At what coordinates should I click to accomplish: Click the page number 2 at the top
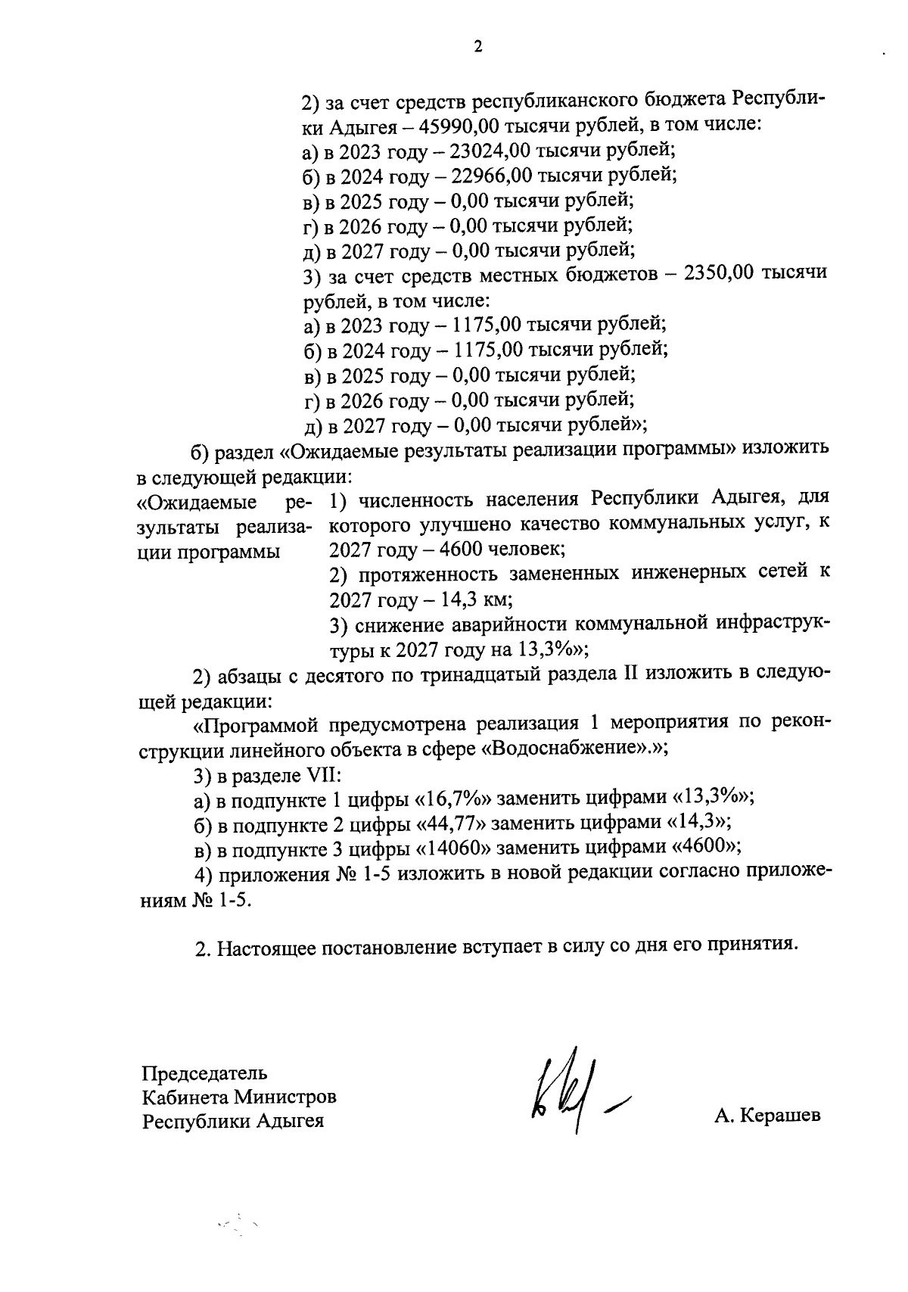[x=477, y=47]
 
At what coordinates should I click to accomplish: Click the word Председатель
[x=205, y=1073]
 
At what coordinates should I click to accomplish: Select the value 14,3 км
[x=474, y=600]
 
